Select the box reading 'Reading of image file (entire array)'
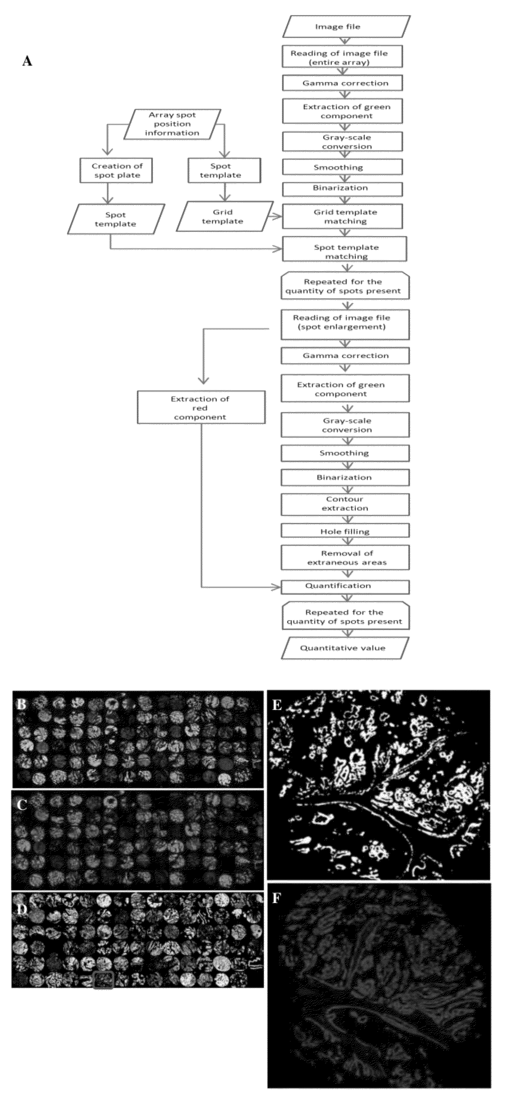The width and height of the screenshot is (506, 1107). pyautogui.click(x=342, y=57)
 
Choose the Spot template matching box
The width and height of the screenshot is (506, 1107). pyautogui.click(x=344, y=251)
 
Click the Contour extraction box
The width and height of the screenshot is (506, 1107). pyautogui.click(x=345, y=504)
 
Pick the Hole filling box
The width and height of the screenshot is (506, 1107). pyautogui.click(x=345, y=531)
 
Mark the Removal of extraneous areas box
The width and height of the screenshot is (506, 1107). pyautogui.click(x=345, y=557)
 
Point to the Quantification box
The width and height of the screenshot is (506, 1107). pyautogui.click(x=345, y=586)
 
